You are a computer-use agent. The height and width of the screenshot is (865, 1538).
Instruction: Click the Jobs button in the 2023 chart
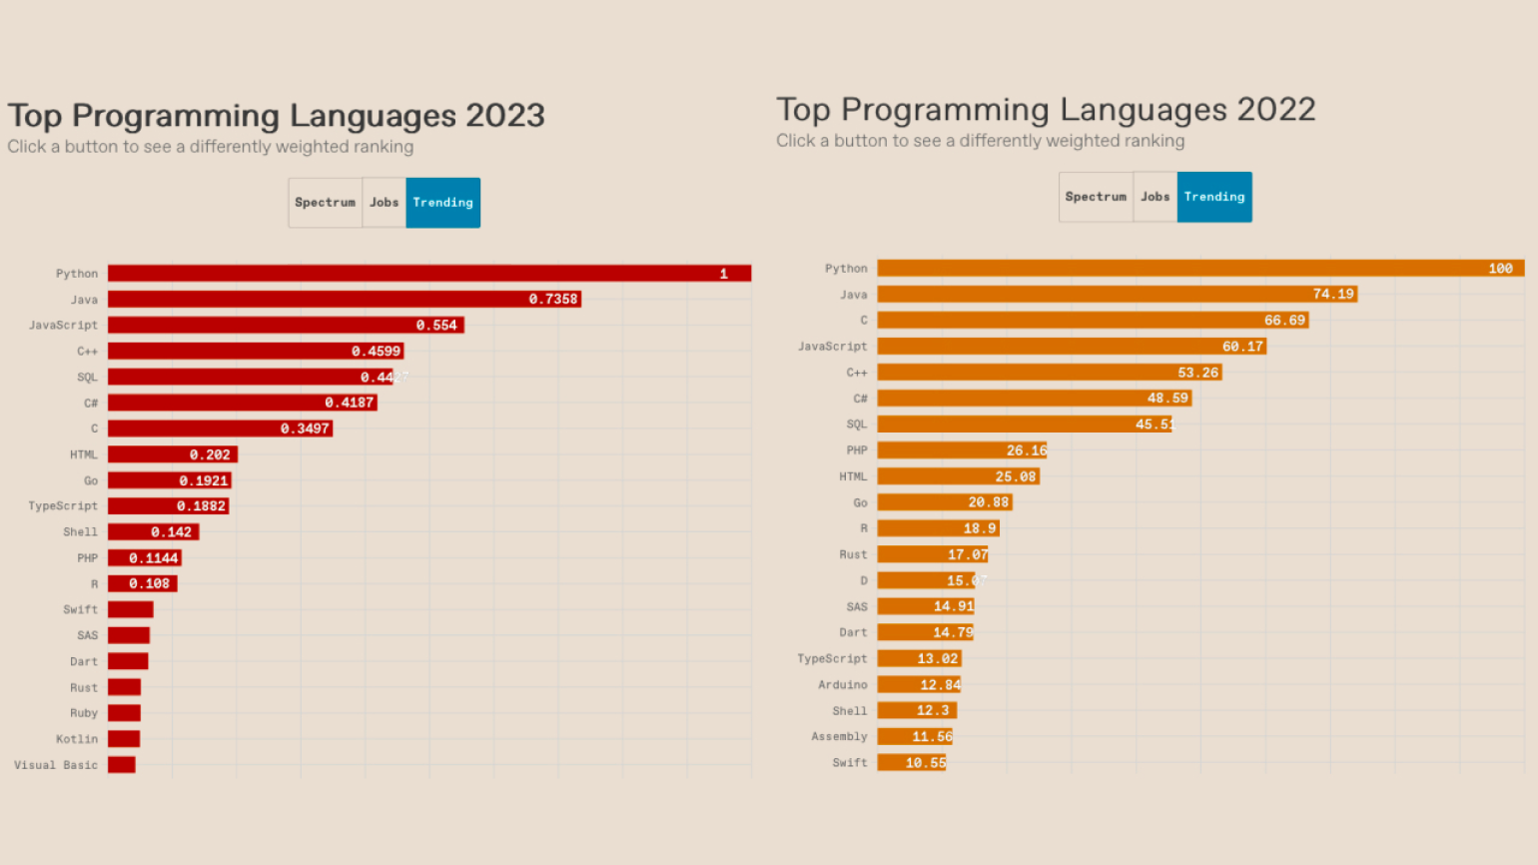pos(384,203)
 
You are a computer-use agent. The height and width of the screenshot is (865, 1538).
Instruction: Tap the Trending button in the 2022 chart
pos(1214,197)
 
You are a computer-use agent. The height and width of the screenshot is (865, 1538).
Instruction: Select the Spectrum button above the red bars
pos(326,203)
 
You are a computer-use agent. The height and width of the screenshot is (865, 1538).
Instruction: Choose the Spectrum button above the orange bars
pos(1096,197)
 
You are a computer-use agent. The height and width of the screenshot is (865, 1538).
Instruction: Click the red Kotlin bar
pos(124,739)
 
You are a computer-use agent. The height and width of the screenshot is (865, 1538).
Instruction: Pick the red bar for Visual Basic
pos(122,765)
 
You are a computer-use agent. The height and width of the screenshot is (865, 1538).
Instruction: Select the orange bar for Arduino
pos(919,684)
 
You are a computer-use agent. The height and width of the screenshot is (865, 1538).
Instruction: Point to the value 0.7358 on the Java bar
pos(553,299)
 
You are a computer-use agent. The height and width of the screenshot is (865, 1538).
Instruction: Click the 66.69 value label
pos(1284,321)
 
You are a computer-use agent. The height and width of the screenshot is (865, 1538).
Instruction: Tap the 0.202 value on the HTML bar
pos(210,454)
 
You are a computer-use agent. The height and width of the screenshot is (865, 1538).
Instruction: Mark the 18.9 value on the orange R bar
pos(979,528)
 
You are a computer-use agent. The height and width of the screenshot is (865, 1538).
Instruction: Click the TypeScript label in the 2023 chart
pos(63,506)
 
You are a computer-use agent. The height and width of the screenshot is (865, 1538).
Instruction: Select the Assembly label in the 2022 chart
pos(839,736)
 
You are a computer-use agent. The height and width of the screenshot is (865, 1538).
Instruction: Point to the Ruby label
pos(84,713)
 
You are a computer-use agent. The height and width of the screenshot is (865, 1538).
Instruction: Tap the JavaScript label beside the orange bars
pos(832,347)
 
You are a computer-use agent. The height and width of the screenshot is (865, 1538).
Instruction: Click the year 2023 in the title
pos(505,116)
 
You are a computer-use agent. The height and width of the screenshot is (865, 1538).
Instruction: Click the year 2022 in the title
pos(1276,110)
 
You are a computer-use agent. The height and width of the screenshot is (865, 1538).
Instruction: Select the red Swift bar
pos(130,609)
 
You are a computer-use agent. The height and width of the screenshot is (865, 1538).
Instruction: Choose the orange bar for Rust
pos(932,554)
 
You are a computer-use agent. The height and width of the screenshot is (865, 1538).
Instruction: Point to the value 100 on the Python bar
pos(1500,269)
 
